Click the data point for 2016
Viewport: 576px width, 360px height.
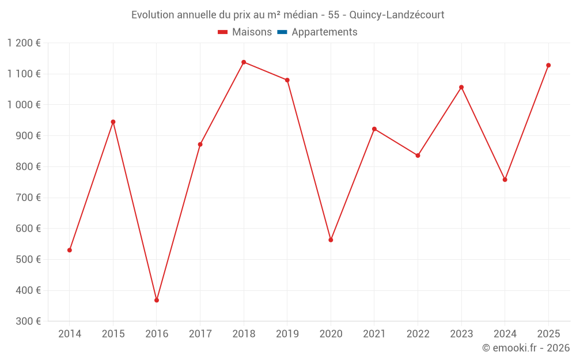click(157, 300)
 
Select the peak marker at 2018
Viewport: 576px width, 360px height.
click(244, 62)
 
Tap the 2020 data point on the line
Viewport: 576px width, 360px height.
click(331, 240)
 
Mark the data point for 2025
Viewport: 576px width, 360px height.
click(548, 65)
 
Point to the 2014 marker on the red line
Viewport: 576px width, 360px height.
click(70, 250)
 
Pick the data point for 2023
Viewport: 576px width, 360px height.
click(461, 88)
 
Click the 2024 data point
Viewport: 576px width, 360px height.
click(505, 180)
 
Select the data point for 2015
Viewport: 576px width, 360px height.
click(113, 122)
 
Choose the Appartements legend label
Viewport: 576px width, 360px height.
click(324, 32)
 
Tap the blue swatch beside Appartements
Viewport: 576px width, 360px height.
click(282, 32)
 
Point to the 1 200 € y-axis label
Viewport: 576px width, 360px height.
click(24, 43)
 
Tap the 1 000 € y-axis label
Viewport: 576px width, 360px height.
click(24, 105)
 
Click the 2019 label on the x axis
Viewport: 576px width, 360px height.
click(287, 334)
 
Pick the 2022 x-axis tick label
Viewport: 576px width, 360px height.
click(418, 334)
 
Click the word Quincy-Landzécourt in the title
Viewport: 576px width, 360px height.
click(397, 15)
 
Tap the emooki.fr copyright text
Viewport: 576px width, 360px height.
click(526, 348)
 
